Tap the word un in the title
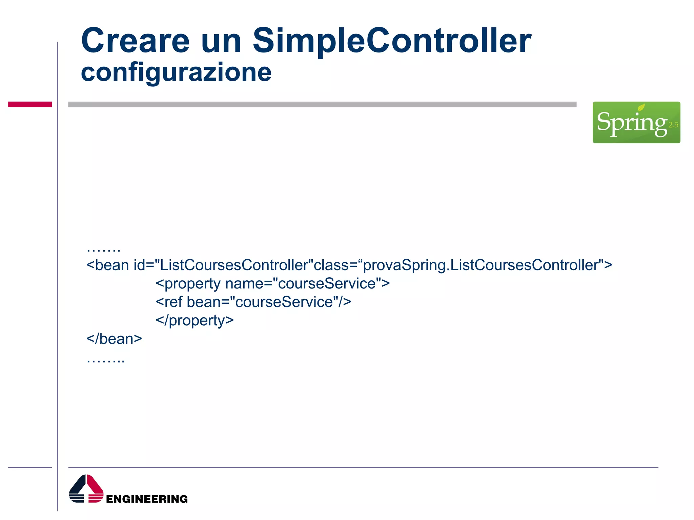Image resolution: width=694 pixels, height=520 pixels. click(x=221, y=41)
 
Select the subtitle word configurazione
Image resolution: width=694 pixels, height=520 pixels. click(x=176, y=72)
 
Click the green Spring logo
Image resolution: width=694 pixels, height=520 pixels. click(x=636, y=122)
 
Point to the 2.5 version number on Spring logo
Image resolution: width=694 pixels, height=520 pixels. click(x=673, y=125)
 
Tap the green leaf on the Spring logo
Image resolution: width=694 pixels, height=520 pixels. click(x=641, y=108)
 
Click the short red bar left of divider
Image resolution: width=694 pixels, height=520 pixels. click(x=30, y=104)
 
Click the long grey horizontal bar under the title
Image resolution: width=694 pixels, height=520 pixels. click(x=322, y=104)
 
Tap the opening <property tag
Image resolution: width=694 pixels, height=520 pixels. click(x=188, y=284)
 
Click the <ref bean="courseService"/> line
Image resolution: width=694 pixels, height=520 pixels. click(x=253, y=302)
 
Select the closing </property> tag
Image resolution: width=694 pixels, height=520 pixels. click(x=195, y=320)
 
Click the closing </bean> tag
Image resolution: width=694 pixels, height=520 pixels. click(x=114, y=339)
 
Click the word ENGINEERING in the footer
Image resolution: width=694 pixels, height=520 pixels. click(x=147, y=499)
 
